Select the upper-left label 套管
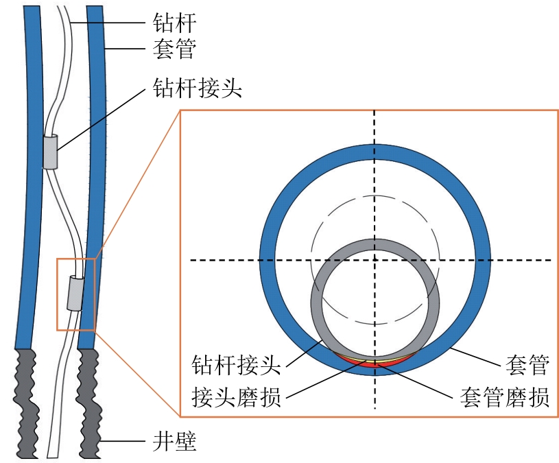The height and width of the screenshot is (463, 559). (x=174, y=49)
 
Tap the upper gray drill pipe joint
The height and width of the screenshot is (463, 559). (x=50, y=152)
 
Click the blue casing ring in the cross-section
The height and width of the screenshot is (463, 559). (x=480, y=261)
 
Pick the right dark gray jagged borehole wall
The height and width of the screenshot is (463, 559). (x=90, y=405)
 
